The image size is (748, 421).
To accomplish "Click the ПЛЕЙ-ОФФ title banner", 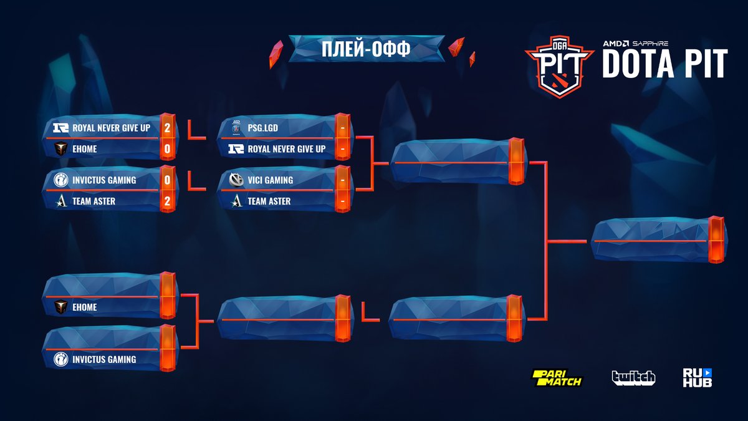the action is [366, 49].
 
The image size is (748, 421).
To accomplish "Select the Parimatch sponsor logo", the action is [556, 377].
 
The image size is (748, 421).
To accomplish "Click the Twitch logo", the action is [633, 377].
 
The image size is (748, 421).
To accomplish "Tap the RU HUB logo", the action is [697, 377].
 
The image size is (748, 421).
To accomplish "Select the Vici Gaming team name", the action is [270, 180].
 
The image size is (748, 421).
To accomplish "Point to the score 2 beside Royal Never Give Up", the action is [166, 128].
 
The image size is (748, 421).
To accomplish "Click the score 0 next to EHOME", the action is [166, 149].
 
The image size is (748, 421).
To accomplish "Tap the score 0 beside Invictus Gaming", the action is [166, 180].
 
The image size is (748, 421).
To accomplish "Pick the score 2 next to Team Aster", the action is [166, 201].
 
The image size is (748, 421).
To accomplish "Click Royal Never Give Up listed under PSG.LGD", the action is [286, 149].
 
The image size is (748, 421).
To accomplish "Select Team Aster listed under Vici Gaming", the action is [269, 201].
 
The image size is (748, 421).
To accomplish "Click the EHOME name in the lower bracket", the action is [85, 307].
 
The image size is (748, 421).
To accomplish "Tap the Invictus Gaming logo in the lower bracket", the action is [61, 359].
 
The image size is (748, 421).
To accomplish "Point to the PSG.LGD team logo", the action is [236, 127].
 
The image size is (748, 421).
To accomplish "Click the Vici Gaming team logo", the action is [236, 180].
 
